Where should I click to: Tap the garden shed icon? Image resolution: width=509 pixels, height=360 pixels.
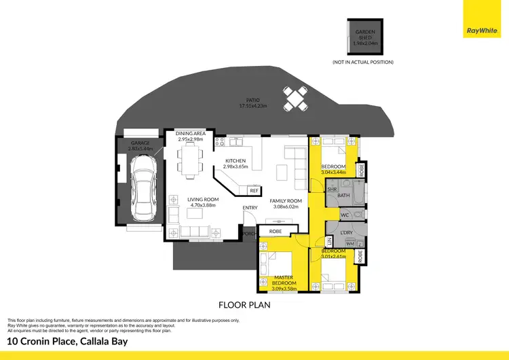coord(363,39)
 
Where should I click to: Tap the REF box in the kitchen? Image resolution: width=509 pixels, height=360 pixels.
coord(254,191)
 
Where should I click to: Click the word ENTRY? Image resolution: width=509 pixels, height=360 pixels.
coord(250,208)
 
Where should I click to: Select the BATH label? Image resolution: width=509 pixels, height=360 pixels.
coord(343,196)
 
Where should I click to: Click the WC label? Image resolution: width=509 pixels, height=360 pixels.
coord(345,216)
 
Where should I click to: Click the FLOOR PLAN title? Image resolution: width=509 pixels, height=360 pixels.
coord(244,305)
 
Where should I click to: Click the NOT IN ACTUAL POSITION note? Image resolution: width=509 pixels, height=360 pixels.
coord(362,62)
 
